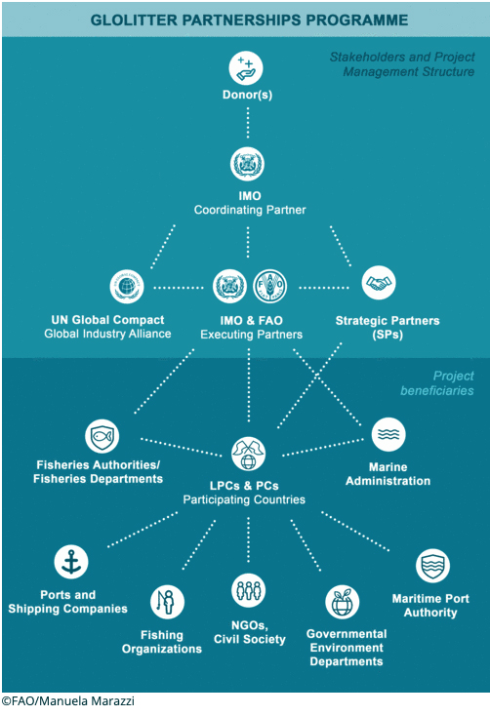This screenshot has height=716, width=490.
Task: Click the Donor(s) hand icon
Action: [x=246, y=68]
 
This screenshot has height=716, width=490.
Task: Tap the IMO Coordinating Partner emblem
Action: [x=247, y=164]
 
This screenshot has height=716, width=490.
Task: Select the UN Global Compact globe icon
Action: [x=127, y=287]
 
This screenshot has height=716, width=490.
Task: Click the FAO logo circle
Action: [x=269, y=287]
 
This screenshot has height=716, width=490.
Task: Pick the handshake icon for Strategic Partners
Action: [x=379, y=283]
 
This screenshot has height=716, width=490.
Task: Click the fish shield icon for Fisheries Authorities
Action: [x=102, y=436]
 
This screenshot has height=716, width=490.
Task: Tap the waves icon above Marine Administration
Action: [x=388, y=434]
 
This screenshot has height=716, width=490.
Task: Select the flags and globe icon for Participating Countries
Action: [x=248, y=454]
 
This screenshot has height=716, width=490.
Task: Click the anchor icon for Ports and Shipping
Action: [x=71, y=562]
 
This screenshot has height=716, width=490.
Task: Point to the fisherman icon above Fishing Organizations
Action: [x=167, y=602]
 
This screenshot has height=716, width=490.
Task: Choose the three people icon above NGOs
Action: [x=248, y=590]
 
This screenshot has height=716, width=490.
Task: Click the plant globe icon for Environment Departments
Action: [x=342, y=602]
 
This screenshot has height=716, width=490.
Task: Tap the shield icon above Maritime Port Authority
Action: [x=432, y=566]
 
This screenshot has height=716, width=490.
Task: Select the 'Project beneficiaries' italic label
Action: [x=437, y=383]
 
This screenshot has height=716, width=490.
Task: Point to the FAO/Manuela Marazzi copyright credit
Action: [x=67, y=701]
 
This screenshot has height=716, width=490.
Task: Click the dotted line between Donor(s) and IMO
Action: [x=248, y=122]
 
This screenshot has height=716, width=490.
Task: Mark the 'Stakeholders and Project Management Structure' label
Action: [x=402, y=64]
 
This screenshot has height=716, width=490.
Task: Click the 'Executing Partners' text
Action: [x=252, y=335]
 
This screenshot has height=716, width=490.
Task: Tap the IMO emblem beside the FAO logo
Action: [x=230, y=287]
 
